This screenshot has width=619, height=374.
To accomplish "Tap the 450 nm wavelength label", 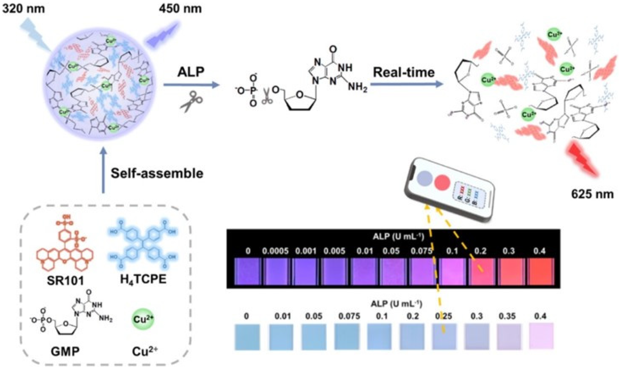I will tap(180, 9).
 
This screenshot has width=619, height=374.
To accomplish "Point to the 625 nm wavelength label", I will tap(592, 194).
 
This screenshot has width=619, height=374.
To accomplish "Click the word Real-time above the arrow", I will tap(404, 72).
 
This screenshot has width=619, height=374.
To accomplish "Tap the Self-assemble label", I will tap(157, 173).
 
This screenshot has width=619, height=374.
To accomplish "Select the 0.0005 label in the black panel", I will tap(275, 251).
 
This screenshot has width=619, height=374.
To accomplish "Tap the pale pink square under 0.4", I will tap(541, 336).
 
